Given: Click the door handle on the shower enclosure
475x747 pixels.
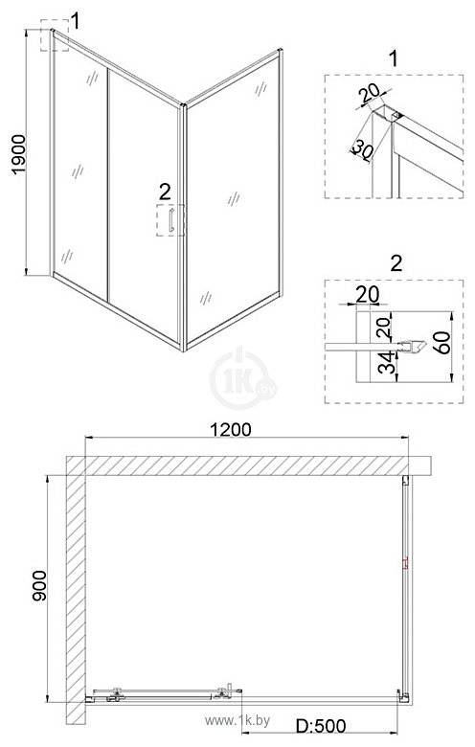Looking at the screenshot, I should point(171,219).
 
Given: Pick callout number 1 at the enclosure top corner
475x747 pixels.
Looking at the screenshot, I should point(77,18).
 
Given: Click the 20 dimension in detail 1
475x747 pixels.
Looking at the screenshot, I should point(370,96).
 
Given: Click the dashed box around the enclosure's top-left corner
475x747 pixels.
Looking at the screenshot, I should point(55,39).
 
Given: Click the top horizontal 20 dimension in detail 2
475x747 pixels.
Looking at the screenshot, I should point(368,294).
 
